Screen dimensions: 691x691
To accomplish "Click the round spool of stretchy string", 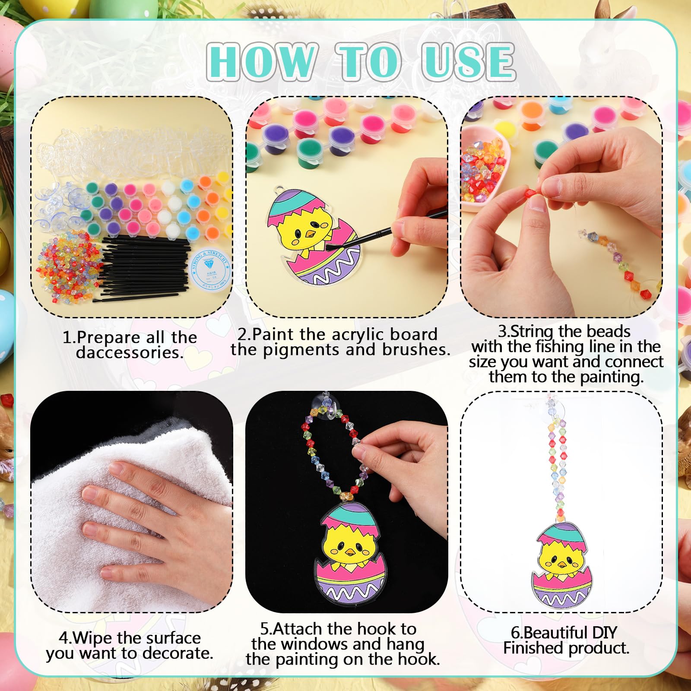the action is point(210,269).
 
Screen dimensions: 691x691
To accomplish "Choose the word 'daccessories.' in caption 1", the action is point(130,353).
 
